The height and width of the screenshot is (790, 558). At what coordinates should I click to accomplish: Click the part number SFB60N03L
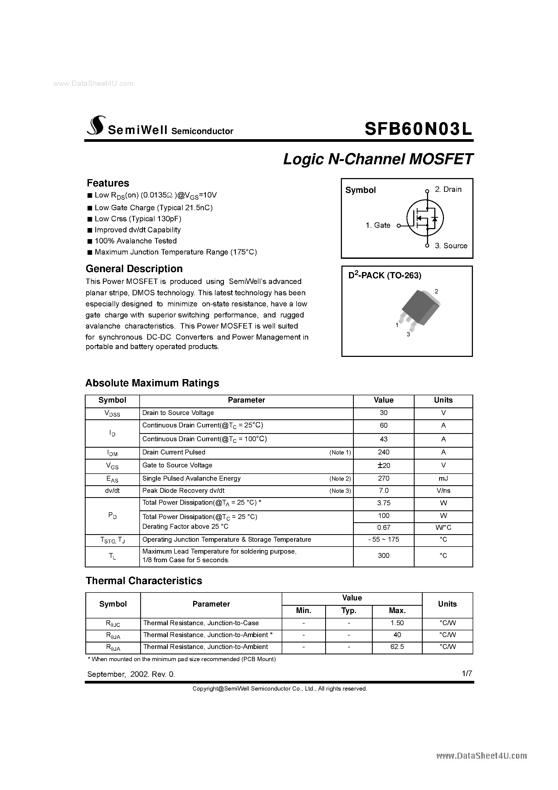418,129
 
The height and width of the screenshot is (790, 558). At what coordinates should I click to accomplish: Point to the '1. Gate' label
378,225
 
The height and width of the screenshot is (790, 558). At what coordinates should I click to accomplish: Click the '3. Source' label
451,246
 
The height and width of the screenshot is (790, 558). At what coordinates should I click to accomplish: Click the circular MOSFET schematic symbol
425,218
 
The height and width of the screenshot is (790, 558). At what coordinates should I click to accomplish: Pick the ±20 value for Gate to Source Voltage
383,466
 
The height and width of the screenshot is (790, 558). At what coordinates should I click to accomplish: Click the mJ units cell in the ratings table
443,478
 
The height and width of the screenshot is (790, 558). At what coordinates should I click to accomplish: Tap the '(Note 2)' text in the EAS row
339,478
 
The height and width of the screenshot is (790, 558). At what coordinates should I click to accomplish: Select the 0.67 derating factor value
383,527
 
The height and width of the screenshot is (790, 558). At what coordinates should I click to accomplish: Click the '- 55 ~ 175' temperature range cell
383,540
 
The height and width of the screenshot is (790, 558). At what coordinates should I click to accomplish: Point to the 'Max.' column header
397,611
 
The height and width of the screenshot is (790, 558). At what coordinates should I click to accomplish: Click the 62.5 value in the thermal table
397,647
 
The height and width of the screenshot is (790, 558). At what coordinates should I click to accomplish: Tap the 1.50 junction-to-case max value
397,623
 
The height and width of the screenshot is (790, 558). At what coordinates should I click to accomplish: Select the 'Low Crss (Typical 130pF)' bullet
137,219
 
